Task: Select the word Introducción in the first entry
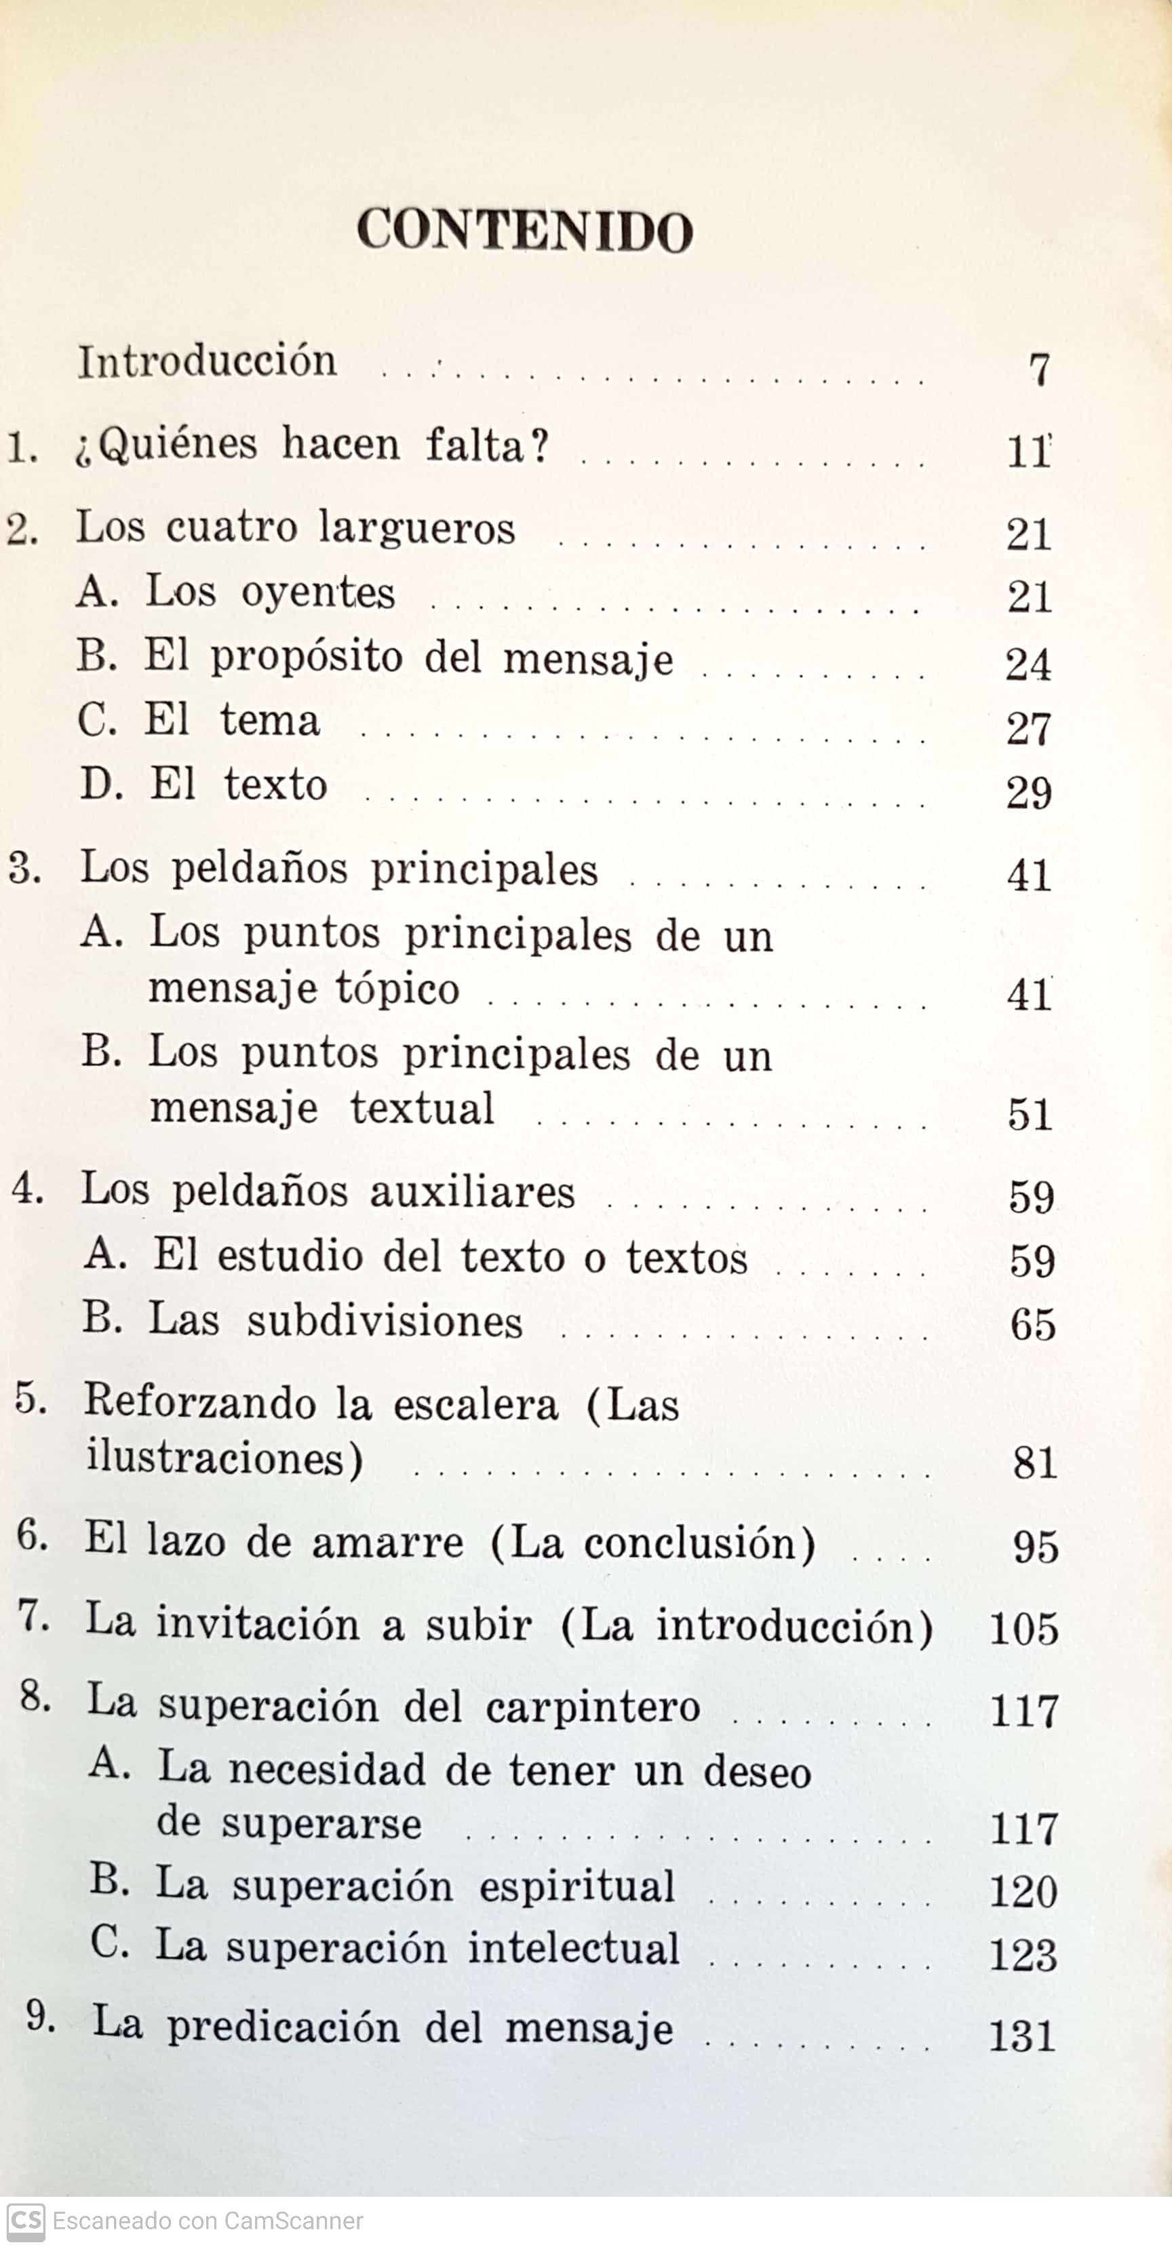[x=207, y=361]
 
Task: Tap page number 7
[x=1038, y=370]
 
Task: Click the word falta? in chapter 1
[x=487, y=445]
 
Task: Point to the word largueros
[x=416, y=529]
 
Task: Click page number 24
[x=1028, y=665]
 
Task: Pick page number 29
[x=1028, y=793]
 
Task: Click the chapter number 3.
[x=24, y=869]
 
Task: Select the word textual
[x=422, y=1109]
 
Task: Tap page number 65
[x=1032, y=1326]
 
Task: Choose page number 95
[x=1035, y=1547]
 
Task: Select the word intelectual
[x=574, y=1949]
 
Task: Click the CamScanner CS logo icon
[x=25, y=2222]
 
